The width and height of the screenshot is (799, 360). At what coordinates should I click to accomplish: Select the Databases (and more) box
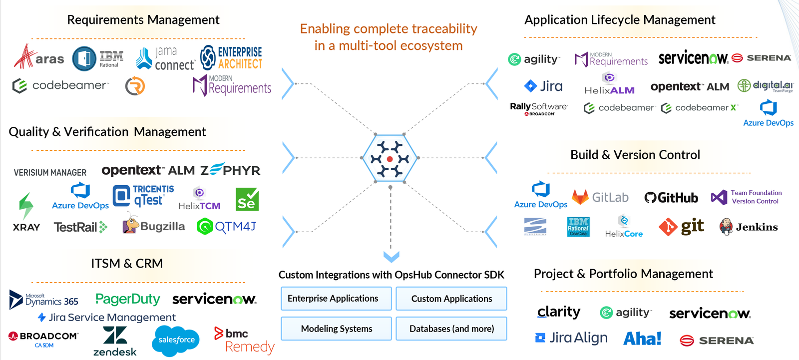pyautogui.click(x=451, y=329)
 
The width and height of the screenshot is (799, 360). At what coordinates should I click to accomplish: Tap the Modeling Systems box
pyautogui.click(x=336, y=329)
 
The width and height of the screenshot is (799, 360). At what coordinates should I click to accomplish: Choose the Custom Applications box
pyautogui.click(x=451, y=299)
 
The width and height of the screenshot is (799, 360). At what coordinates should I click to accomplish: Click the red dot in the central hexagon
pyautogui.click(x=390, y=159)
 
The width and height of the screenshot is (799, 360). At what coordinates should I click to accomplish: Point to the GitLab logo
pyautogui.click(x=600, y=197)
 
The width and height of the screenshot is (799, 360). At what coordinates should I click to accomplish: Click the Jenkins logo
pyautogui.click(x=749, y=227)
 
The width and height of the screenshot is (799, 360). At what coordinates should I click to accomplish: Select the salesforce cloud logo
pyautogui.click(x=176, y=340)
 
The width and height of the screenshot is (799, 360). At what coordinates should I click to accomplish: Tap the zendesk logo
pyautogui.click(x=115, y=342)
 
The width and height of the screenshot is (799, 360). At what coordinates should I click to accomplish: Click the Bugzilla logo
pyautogui.click(x=154, y=226)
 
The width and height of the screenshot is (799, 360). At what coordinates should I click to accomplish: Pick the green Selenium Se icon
pyautogui.click(x=247, y=199)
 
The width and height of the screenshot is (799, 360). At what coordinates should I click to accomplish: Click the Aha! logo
pyautogui.click(x=642, y=339)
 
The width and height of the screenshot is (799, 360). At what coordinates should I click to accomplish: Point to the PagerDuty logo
pyautogui.click(x=128, y=299)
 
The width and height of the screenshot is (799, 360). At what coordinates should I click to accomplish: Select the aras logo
pyautogui.click(x=39, y=57)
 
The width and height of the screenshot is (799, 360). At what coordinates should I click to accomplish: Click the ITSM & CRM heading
pyautogui.click(x=127, y=263)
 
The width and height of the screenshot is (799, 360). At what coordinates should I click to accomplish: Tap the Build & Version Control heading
pyautogui.click(x=635, y=155)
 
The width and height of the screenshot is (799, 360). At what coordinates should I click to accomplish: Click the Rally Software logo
pyautogui.click(x=538, y=108)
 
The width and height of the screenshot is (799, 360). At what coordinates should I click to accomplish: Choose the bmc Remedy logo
pyautogui.click(x=244, y=341)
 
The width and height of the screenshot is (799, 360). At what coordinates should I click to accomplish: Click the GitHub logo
pyautogui.click(x=671, y=198)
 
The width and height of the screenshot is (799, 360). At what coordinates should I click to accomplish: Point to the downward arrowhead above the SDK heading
pyautogui.click(x=391, y=257)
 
